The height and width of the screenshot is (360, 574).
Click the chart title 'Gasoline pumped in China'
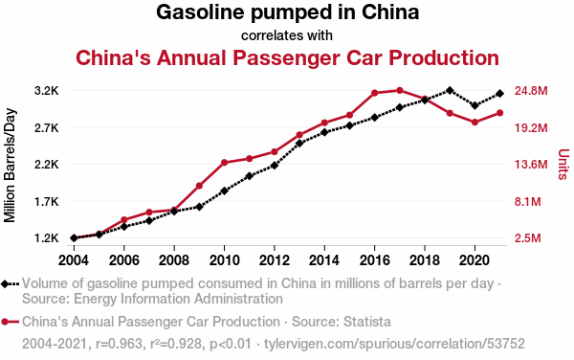click(x=287, y=12)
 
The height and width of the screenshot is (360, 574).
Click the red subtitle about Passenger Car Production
click(x=287, y=57)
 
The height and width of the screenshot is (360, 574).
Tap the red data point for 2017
click(x=400, y=90)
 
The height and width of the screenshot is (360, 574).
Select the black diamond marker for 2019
click(x=450, y=90)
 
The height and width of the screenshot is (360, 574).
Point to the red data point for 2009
click(x=199, y=186)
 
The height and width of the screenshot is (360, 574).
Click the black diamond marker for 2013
click(x=299, y=144)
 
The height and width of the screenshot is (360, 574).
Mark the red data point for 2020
click(x=475, y=122)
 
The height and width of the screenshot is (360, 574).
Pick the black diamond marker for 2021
click(x=500, y=94)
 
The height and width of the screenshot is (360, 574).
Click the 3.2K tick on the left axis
click(x=47, y=91)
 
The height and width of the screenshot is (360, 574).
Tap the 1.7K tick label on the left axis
click(x=47, y=201)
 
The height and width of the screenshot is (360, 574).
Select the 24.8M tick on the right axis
click(x=531, y=91)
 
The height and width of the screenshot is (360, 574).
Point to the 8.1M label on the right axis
click(x=527, y=201)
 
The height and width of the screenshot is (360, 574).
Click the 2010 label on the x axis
click(x=224, y=260)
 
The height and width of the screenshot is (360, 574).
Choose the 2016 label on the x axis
click(x=374, y=260)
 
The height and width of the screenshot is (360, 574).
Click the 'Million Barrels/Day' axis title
click(x=10, y=166)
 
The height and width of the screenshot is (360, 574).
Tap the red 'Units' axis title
click(x=563, y=165)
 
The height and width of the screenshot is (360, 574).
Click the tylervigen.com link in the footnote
click(x=394, y=344)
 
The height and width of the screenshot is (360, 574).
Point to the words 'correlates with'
click(x=287, y=35)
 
